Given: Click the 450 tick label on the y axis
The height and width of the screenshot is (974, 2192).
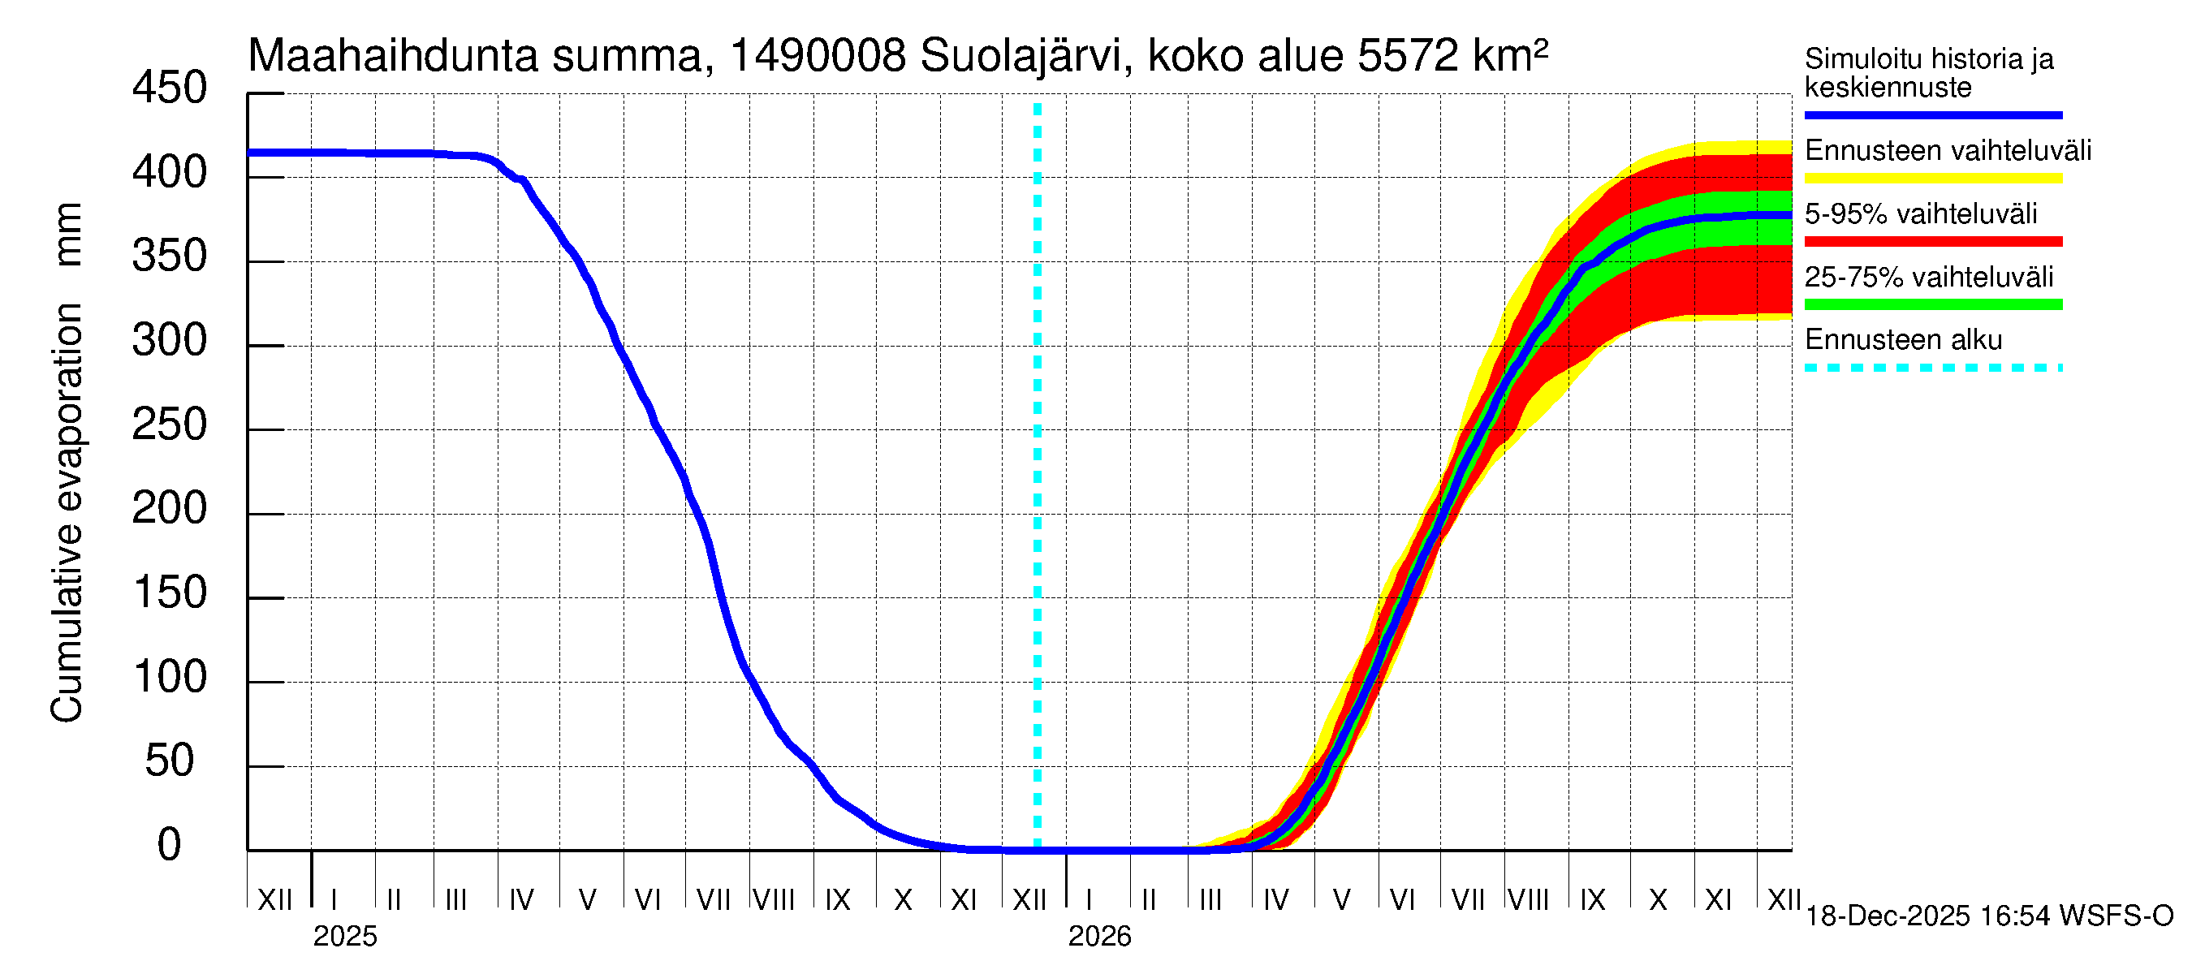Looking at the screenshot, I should click(170, 88).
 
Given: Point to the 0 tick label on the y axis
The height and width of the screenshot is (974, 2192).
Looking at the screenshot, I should click(170, 845).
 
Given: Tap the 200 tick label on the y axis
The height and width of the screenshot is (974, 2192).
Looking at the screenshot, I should click(170, 509).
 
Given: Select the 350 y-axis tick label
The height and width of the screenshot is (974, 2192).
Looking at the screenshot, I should click(170, 257).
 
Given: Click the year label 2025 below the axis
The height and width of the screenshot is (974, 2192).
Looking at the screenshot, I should click(344, 937).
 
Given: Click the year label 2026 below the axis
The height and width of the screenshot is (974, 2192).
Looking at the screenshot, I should click(1099, 937).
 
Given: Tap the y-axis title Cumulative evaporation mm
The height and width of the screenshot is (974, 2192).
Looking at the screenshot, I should click(67, 463).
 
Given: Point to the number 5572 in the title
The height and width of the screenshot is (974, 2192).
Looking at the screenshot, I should click(1408, 57).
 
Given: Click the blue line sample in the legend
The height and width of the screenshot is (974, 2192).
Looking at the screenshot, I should click(1932, 114).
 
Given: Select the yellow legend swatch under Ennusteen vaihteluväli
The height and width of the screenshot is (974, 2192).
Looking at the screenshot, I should click(1932, 179).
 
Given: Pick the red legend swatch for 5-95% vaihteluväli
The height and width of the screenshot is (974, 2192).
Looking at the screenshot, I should click(1932, 242).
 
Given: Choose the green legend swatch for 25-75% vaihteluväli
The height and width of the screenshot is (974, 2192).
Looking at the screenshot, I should click(1932, 304).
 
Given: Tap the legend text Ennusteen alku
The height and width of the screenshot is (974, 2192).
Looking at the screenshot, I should click(1904, 340).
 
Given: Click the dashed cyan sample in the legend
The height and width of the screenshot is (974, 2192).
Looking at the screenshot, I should click(1932, 368).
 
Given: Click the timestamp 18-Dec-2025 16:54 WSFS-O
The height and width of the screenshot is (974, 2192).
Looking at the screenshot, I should click(1988, 916).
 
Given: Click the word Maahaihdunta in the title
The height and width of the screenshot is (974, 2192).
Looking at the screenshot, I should click(393, 57).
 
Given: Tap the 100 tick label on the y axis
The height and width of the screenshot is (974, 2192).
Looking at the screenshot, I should click(170, 677).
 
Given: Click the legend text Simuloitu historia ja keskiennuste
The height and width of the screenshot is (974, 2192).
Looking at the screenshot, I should click(1929, 73).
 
